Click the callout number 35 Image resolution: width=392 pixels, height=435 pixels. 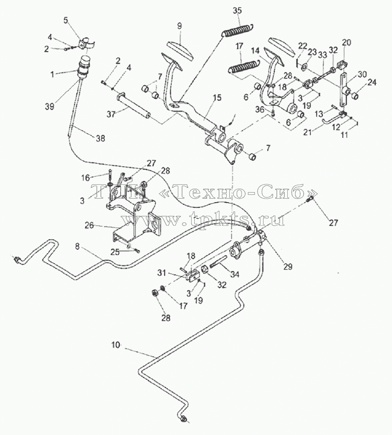[x=237, y=10]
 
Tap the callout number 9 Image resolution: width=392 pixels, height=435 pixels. [x=180, y=26]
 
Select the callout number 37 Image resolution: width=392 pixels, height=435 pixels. [x=111, y=114]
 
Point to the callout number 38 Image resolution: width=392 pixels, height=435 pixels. [x=100, y=138]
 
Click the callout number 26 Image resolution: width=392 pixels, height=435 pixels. [x=89, y=225]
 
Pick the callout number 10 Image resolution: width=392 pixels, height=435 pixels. [x=116, y=345]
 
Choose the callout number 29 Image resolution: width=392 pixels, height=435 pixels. [x=288, y=266]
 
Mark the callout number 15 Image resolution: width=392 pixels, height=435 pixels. [x=217, y=98]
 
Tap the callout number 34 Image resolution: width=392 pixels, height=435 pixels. [x=235, y=274]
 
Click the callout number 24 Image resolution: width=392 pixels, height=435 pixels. [x=373, y=82]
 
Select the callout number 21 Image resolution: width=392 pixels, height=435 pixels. [x=308, y=132]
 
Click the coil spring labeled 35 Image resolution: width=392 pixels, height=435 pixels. [x=238, y=30]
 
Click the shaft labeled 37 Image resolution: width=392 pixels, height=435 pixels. [x=134, y=106]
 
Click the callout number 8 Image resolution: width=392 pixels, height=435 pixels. [x=77, y=246]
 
